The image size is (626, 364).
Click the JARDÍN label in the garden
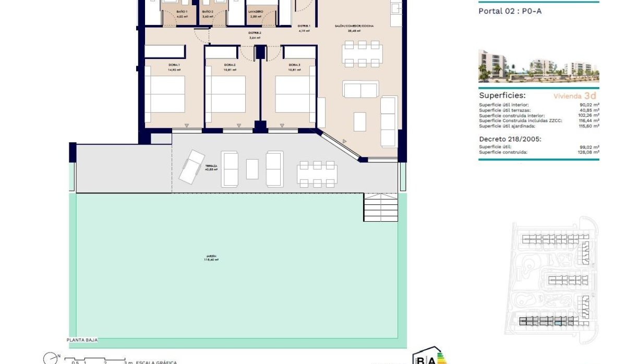[x=211, y=257]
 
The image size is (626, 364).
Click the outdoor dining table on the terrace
[x=317, y=174]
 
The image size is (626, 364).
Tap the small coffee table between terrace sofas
[x=252, y=168]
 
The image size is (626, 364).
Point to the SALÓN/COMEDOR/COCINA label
[x=354, y=26]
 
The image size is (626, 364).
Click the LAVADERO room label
[x=256, y=11]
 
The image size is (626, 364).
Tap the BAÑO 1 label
[x=182, y=11]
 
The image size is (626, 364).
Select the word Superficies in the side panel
[x=502, y=96]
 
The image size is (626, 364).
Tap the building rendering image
[x=538, y=66]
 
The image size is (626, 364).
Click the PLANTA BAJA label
[x=82, y=339]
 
